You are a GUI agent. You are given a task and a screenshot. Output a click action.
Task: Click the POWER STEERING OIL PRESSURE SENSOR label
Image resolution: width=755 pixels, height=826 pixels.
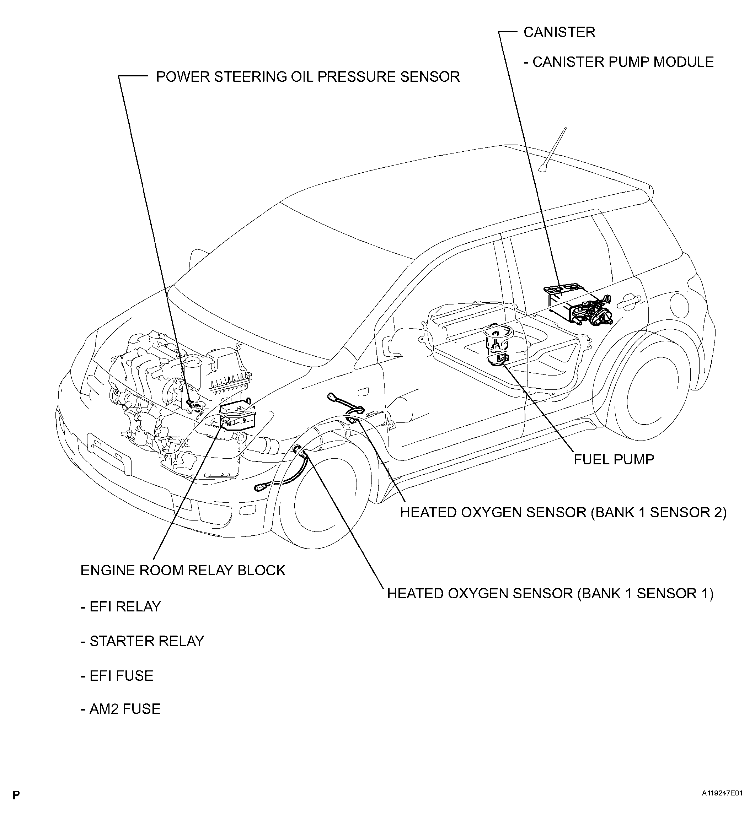click(x=308, y=77)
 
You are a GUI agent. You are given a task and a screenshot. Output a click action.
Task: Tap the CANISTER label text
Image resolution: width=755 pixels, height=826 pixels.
click(x=559, y=32)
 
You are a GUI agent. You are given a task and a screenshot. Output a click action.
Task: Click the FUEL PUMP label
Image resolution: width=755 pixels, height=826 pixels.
click(x=614, y=459)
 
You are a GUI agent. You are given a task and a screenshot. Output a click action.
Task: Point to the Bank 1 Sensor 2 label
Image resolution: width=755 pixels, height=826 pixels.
click(x=563, y=513)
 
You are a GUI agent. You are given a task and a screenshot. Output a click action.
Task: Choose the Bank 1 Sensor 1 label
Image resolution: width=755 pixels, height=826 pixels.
click(x=550, y=594)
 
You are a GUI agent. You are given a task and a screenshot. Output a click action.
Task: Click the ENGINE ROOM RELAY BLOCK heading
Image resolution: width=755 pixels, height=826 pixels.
click(x=183, y=570)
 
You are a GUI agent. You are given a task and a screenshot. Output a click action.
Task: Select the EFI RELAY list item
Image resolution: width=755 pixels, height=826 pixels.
click(x=121, y=607)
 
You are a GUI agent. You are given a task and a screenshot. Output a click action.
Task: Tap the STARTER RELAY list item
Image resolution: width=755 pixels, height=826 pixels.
click(x=142, y=641)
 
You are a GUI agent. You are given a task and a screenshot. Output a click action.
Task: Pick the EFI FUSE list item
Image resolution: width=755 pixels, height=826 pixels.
click(x=117, y=676)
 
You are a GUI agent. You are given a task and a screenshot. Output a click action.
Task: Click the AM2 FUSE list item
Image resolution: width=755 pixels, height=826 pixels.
click(x=121, y=709)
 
